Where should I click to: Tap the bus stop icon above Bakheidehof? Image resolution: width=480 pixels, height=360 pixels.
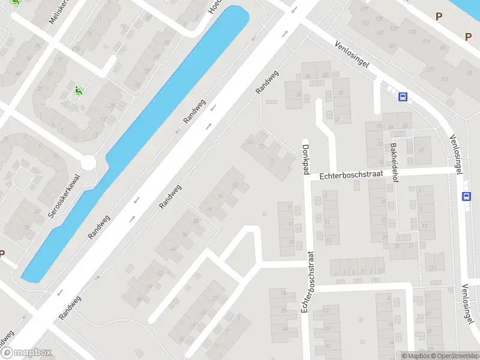pyautogui.click(x=403, y=96)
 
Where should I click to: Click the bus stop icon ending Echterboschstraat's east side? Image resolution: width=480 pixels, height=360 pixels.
pyautogui.click(x=467, y=196)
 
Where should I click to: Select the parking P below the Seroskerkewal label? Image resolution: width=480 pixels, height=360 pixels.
pyautogui.click(x=2, y=254)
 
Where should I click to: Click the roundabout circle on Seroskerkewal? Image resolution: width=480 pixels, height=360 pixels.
pyautogui.click(x=88, y=162)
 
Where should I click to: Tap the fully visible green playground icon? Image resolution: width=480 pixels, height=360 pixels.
pyautogui.click(x=77, y=91)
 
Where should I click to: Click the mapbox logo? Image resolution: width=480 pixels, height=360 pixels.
pyautogui.click(x=26, y=353)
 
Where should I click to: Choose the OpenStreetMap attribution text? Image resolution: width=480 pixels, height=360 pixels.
pyautogui.click(x=453, y=356)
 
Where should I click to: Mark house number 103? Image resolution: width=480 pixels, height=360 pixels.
pyautogui.click(x=412, y=31)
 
